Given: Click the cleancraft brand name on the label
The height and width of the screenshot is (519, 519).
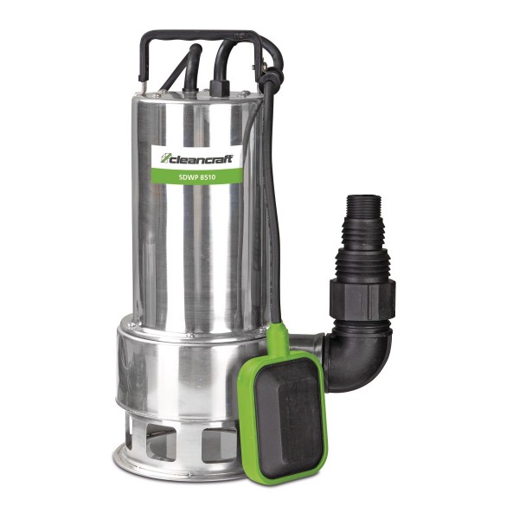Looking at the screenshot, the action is (202, 158).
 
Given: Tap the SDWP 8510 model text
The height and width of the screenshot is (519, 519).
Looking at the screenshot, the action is (196, 176).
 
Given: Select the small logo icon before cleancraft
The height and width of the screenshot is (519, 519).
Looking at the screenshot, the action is (165, 158).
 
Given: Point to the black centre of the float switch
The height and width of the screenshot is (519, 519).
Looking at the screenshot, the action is (289, 410).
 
